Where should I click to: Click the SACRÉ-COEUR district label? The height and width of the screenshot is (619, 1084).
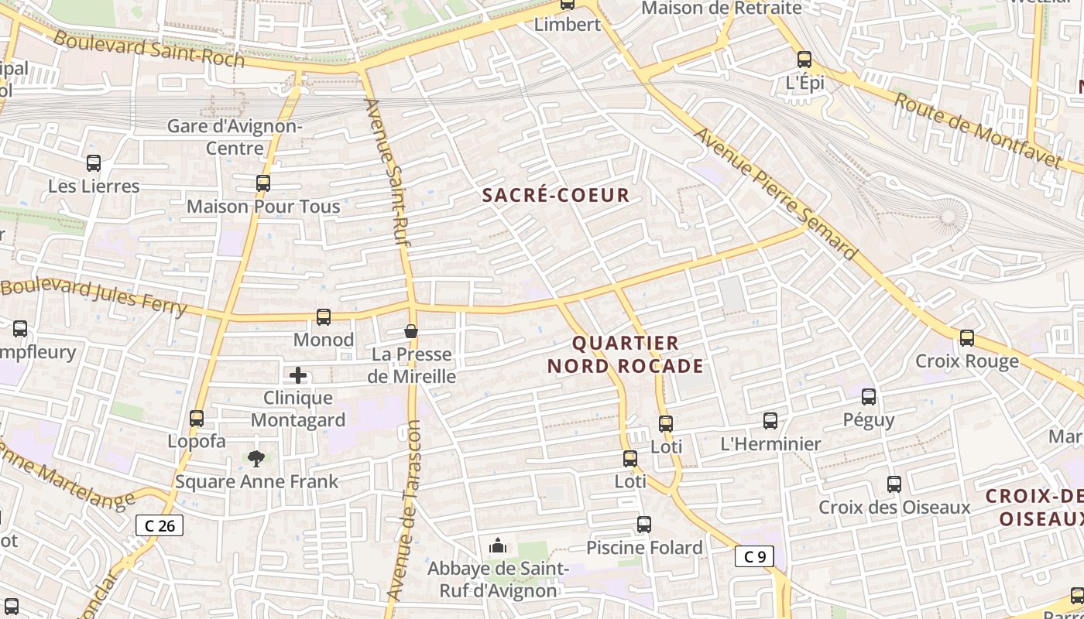coord(556,195)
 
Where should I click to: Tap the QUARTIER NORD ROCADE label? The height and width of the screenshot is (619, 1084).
coord(626,354)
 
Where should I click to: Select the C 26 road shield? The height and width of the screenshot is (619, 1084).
coord(160,526)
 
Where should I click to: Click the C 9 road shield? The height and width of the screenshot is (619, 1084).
coord(754,556)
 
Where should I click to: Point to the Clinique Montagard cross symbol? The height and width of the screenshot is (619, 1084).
coord(298,376)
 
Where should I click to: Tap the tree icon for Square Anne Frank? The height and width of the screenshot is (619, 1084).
coord(256,459)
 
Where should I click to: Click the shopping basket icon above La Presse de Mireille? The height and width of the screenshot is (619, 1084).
coord(411,331)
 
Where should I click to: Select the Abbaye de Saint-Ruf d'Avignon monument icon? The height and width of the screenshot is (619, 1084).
coord(498,546)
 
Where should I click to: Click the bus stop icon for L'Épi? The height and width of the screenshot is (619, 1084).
coord(804,59)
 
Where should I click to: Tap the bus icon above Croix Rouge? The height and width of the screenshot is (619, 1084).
coord(967,338)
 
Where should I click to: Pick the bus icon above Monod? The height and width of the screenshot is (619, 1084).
coord(324,316)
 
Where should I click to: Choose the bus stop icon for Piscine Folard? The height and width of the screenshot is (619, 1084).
coord(644,525)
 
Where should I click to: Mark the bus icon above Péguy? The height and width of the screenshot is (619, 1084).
coord(869,397)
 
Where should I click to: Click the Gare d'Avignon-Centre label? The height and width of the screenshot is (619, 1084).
coord(235,137)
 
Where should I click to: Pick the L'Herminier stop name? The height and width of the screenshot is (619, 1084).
coord(770,444)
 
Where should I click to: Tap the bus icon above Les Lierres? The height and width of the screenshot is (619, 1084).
coord(94,163)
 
